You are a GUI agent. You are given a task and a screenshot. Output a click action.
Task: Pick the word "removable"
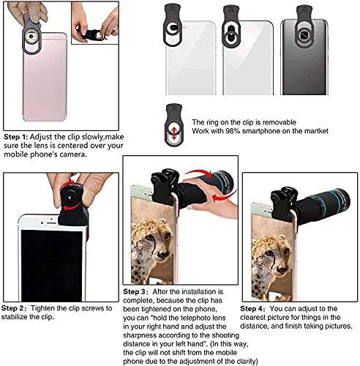(281, 122)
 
